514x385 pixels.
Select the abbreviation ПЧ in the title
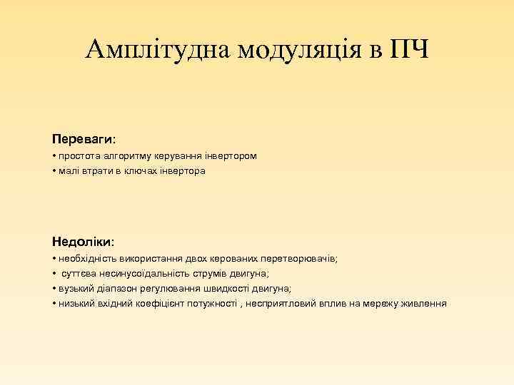click(409, 49)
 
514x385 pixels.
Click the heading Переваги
click(82, 136)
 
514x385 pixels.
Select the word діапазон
click(114, 288)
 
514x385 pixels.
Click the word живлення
click(424, 303)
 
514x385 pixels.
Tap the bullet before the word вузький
click(54, 288)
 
